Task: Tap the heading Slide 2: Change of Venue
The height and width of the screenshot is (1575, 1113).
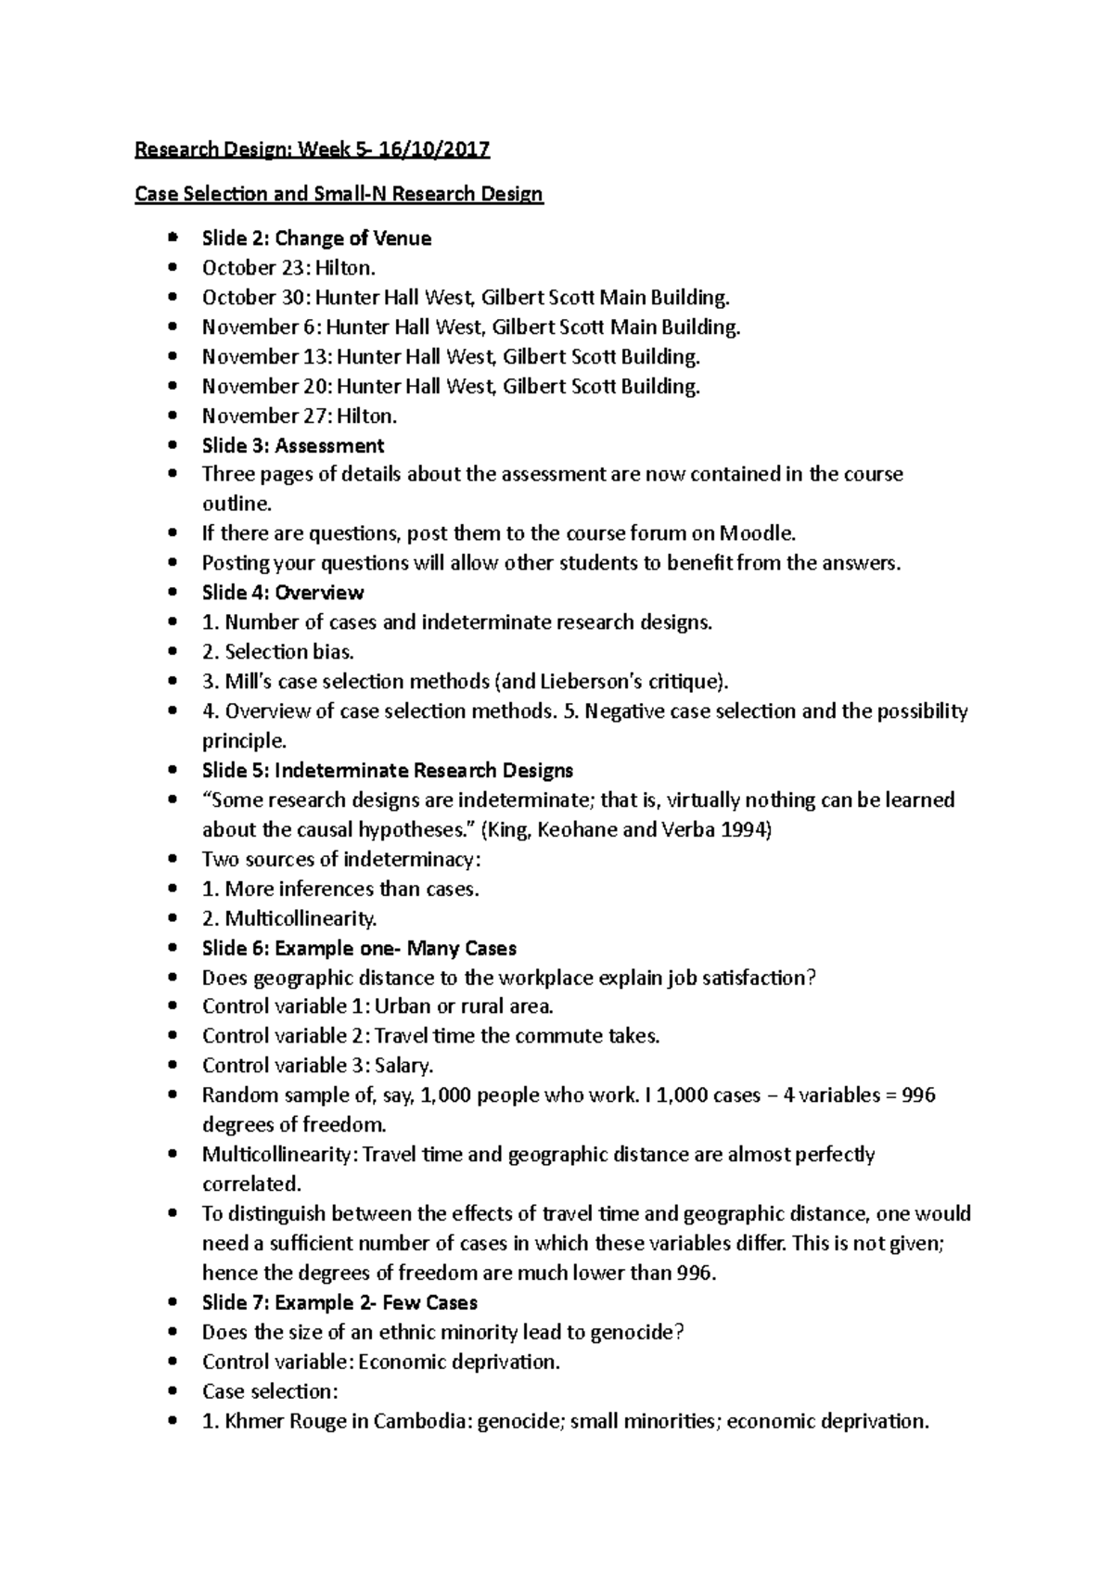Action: tap(316, 238)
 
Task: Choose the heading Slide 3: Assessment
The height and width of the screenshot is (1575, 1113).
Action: tap(293, 446)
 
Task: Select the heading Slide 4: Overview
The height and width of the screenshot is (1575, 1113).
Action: tap(283, 593)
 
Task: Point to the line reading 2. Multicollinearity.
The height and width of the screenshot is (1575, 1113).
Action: tap(289, 919)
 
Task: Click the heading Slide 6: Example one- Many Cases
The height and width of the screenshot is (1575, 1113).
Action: tap(359, 949)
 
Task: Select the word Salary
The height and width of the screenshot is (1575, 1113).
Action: tap(404, 1066)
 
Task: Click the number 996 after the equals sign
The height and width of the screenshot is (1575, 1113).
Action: tap(918, 1095)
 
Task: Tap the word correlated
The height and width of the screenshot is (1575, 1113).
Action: tap(251, 1184)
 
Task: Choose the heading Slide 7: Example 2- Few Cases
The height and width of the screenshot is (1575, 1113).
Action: tap(339, 1303)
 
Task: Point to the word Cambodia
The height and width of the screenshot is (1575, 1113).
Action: tap(422, 1422)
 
